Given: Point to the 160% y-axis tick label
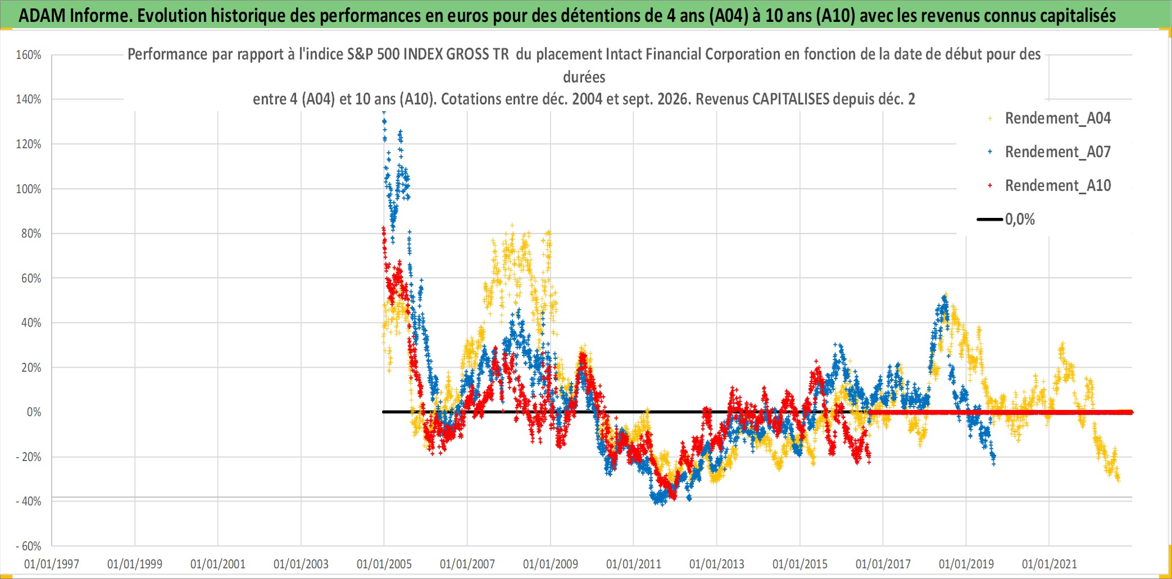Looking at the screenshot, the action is [x=29, y=55].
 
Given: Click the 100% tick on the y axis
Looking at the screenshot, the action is [x=29, y=189].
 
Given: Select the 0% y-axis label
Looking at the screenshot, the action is [x=34, y=412].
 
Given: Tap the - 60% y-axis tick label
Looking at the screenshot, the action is [x=29, y=546].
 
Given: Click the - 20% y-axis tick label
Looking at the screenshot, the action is [x=29, y=457].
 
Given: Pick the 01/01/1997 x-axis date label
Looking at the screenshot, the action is [x=52, y=564].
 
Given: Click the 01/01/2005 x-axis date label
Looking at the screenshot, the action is [x=384, y=564].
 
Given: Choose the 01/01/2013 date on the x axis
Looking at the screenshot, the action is [x=717, y=564].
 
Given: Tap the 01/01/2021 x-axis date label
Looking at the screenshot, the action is [x=1050, y=564].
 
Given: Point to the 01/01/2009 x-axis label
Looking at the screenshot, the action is [x=551, y=564].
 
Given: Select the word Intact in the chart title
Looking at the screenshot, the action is [x=624, y=54].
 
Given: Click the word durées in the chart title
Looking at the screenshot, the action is [x=584, y=77].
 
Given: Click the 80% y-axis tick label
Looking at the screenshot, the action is [x=31, y=234].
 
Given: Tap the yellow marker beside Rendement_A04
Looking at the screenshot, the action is [x=990, y=118].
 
